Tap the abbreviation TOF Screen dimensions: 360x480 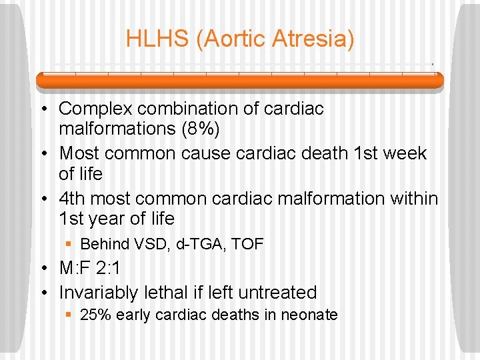click(248, 245)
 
